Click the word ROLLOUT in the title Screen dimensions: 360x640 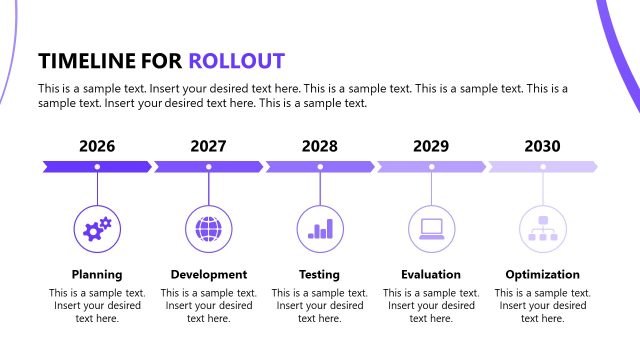pos(236,60)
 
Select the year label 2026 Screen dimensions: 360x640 pos(97,146)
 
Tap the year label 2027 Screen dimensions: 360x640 pos(208,146)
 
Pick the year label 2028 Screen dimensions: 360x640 pos(320,146)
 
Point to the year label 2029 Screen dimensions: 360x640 pos(431,146)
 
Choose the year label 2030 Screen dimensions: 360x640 pos(542,146)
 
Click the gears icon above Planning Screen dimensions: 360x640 pos(97,229)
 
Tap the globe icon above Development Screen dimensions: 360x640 pos(208,229)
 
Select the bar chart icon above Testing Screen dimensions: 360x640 pos(320,229)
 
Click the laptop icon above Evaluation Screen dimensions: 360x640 pos(431,229)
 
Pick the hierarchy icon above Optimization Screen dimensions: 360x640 pos(542,229)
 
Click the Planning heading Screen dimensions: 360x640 pos(97,274)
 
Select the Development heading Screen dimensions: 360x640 pos(208,274)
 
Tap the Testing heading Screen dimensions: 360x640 pos(320,274)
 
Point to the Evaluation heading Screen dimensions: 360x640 pos(431,274)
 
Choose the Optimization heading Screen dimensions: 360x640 pos(542,274)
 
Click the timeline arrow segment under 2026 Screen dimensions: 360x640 pos(97,166)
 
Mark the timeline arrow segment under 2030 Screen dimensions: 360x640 pos(542,166)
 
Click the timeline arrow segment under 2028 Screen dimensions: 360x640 pos(320,166)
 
